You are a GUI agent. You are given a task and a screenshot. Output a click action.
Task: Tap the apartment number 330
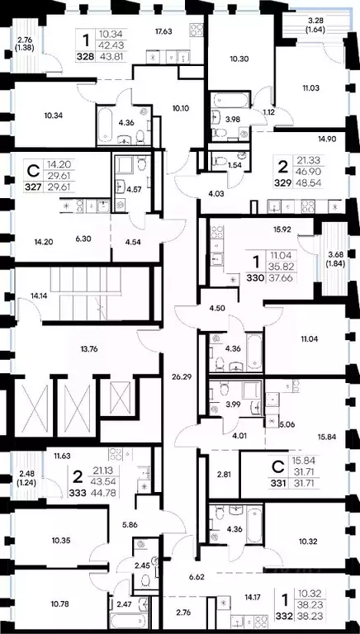[x=257, y=278]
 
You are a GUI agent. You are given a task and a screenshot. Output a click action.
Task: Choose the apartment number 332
[x=285, y=627]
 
